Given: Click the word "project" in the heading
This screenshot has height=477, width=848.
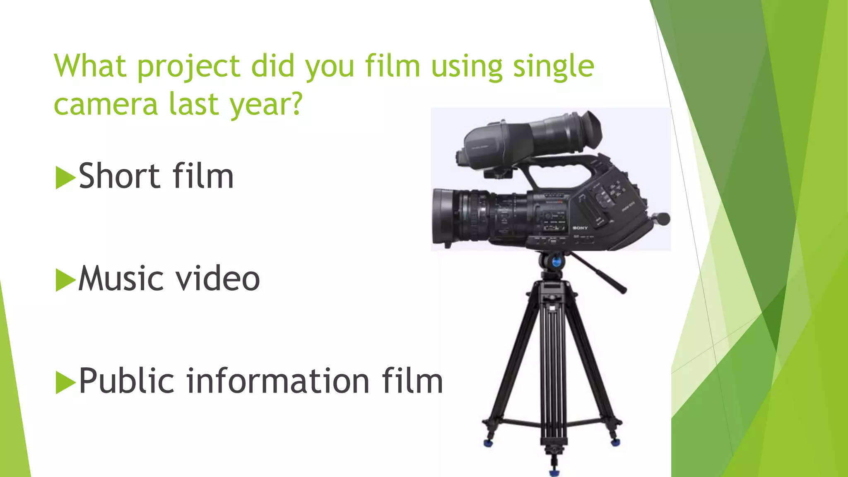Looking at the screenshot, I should tap(188, 66).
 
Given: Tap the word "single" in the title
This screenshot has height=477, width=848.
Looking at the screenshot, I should tap(553, 66).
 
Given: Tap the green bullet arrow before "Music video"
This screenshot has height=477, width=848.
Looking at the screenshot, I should tap(65, 280).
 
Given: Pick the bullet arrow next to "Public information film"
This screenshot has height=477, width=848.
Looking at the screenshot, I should tap(65, 382).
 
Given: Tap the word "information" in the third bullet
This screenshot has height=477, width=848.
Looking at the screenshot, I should tap(278, 381).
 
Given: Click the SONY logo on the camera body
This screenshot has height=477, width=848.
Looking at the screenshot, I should tap(580, 228).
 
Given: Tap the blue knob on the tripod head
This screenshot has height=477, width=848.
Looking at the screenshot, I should tap(556, 262).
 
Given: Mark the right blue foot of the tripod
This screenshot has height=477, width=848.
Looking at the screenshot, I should tap(616, 442).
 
